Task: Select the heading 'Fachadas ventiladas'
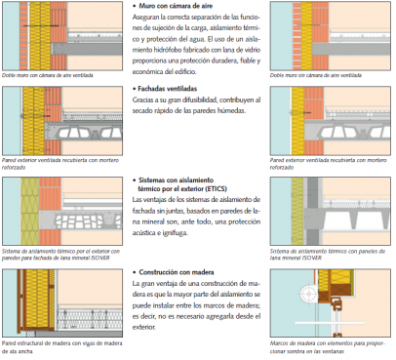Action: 173,87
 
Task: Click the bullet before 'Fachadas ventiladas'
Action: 134,87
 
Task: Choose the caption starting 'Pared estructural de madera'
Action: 60,348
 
